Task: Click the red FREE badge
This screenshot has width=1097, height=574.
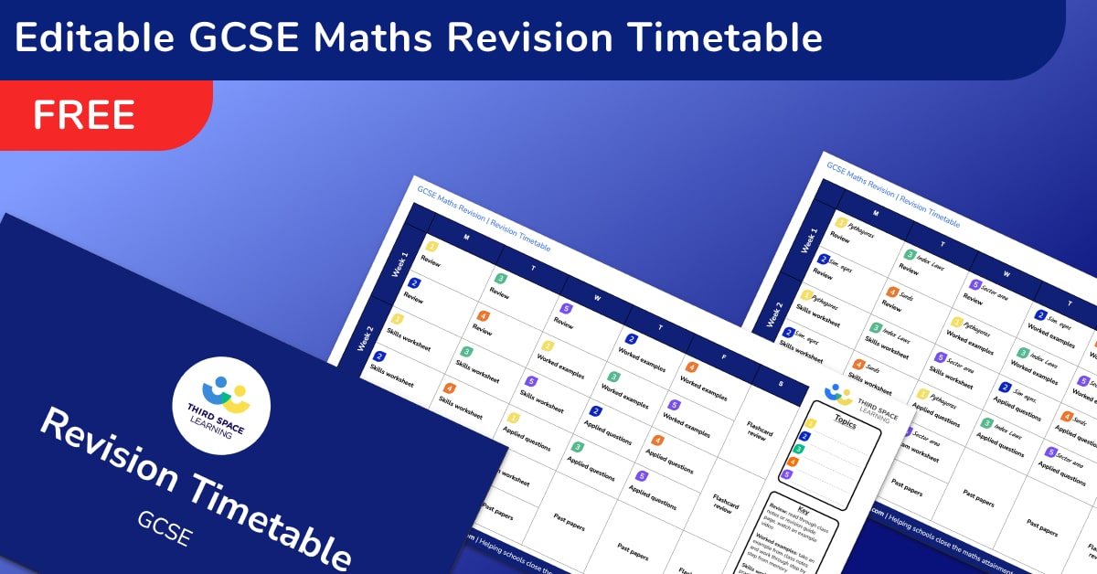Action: point(84,115)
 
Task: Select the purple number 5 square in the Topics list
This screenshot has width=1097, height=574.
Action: point(787,474)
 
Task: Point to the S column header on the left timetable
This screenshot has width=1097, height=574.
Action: point(781,384)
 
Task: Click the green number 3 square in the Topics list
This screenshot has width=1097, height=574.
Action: point(798,450)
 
